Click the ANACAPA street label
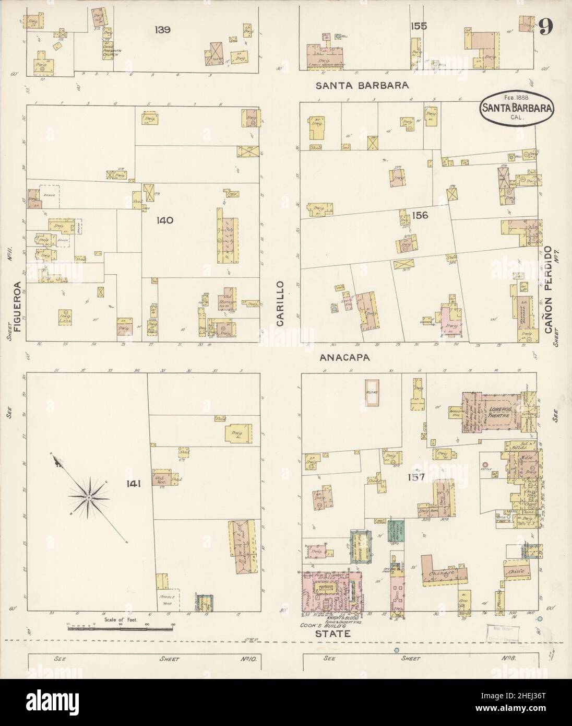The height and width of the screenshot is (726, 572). click(x=345, y=358)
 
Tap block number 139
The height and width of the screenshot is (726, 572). click(x=162, y=30)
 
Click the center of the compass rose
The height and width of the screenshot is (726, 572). click(x=89, y=498)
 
